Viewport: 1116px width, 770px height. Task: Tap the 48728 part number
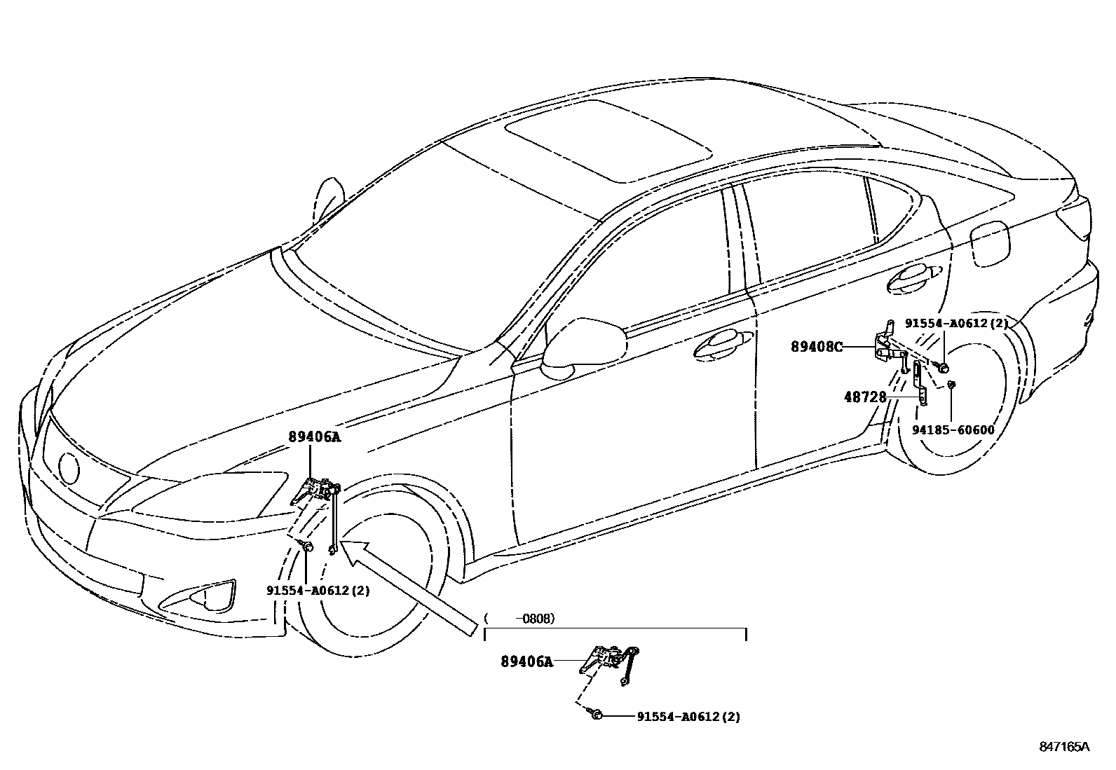click(865, 397)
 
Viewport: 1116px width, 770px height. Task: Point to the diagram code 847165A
click(1064, 747)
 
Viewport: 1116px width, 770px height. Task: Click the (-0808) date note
click(519, 619)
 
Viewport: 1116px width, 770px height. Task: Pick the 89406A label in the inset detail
click(526, 661)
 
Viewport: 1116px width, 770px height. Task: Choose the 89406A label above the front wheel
click(313, 436)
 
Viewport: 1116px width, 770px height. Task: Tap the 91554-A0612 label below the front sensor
click(318, 591)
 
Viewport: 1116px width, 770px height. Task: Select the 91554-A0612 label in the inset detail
click(688, 717)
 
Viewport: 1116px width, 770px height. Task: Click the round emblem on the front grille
click(69, 468)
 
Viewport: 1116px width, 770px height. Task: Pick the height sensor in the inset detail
click(607, 659)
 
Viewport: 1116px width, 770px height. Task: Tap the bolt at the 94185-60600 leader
click(951, 385)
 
